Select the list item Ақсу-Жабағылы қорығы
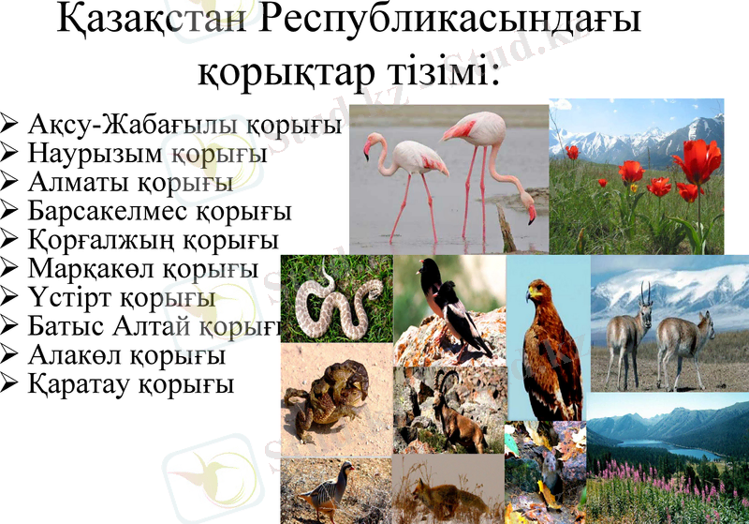click(x=184, y=126)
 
